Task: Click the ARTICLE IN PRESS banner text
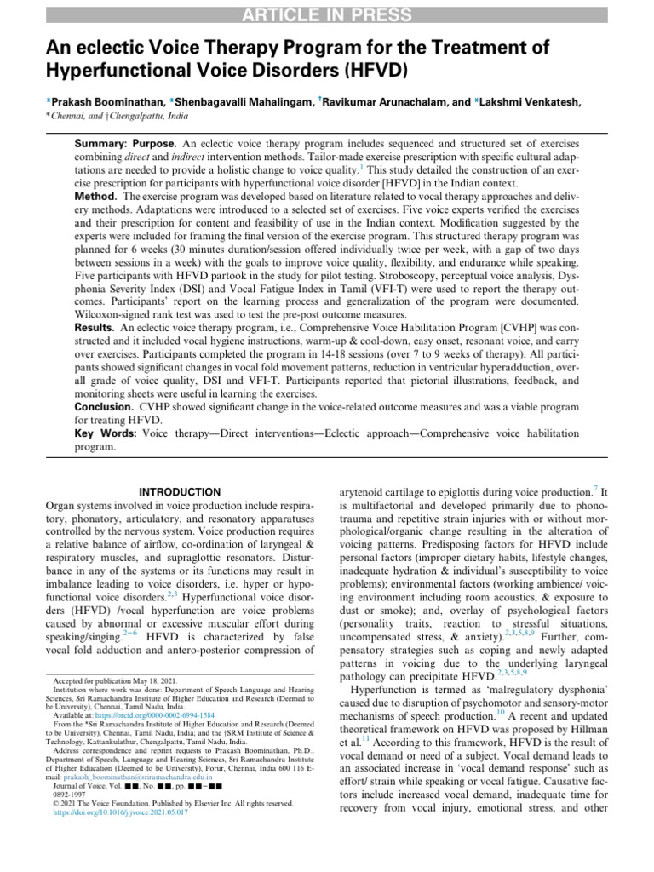click(326, 14)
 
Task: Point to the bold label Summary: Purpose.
click(128, 139)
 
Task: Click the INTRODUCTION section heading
click(179, 492)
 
